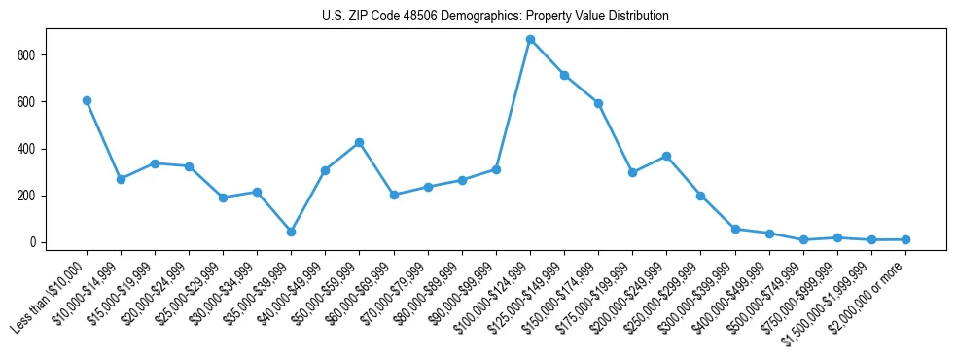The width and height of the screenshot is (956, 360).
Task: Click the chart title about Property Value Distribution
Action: click(495, 17)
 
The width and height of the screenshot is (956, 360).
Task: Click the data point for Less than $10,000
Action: click(87, 100)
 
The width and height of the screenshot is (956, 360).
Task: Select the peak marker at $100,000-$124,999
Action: click(530, 39)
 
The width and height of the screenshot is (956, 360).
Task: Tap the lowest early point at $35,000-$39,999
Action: click(291, 232)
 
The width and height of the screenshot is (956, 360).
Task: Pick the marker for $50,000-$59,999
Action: click(360, 142)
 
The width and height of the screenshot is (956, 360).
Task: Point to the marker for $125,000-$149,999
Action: click(564, 75)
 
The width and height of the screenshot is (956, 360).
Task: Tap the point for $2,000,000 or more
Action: click(905, 239)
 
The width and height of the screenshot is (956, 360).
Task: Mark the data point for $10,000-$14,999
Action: click(121, 179)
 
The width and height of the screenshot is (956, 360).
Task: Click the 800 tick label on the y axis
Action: click(26, 55)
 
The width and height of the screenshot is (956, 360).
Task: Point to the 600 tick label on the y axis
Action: click(26, 102)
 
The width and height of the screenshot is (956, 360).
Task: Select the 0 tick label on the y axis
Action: click(33, 242)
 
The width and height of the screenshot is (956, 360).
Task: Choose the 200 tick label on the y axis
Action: click(26, 196)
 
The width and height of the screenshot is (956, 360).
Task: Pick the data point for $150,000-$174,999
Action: click(598, 103)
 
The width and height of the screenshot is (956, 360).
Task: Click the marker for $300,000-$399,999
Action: click(735, 229)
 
